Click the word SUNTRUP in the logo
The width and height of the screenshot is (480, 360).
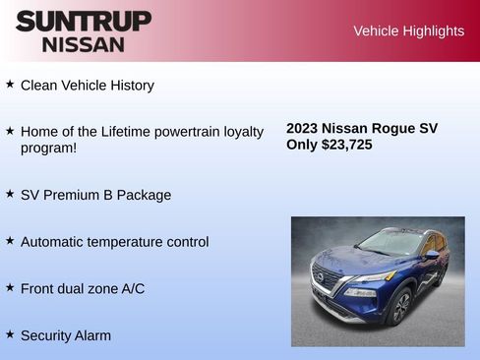(84, 21)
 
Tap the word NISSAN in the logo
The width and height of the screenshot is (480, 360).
(84, 44)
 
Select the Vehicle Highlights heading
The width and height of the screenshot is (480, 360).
(408, 31)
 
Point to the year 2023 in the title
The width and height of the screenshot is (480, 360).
(303, 129)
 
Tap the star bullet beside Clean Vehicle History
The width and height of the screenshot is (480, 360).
(10, 85)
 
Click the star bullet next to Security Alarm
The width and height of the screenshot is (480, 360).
(10, 334)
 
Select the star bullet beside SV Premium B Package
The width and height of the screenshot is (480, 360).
(10, 194)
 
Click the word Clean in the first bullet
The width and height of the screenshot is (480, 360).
(39, 86)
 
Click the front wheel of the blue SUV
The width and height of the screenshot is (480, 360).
(399, 308)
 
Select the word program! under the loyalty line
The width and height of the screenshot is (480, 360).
(49, 149)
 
